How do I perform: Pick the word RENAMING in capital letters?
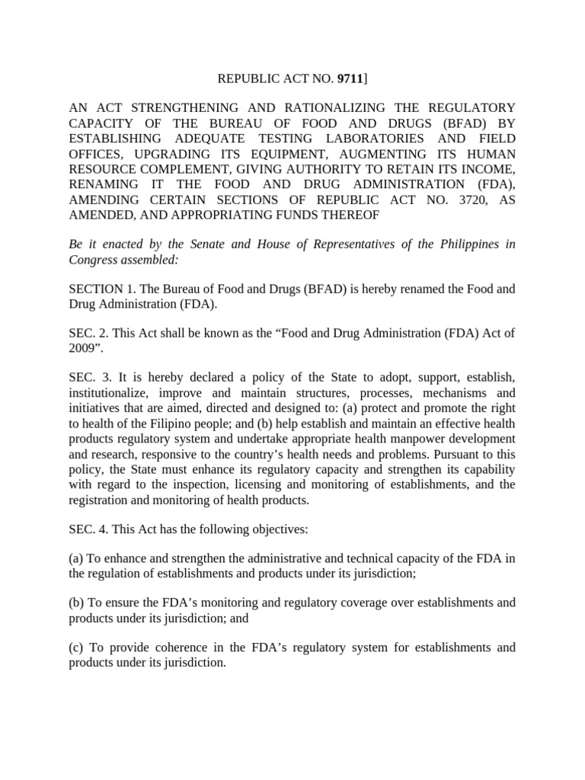101,184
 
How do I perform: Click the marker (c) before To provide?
76,647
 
